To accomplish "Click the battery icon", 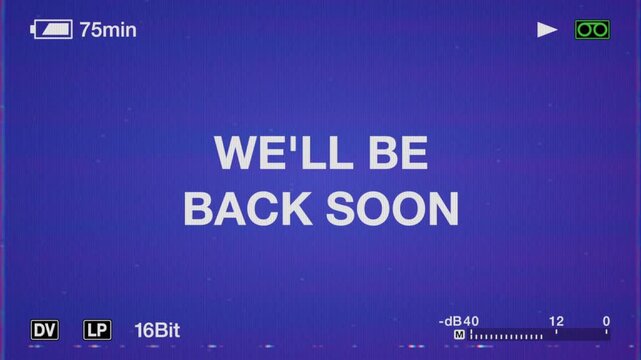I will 52,30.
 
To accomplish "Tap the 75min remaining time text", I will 108,30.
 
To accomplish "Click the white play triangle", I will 547,30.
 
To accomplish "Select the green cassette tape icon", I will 592,30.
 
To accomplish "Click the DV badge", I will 45,329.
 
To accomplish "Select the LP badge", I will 97,329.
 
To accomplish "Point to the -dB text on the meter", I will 451,321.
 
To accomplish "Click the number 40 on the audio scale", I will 471,321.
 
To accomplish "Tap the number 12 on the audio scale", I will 556,321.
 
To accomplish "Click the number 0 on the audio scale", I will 606,321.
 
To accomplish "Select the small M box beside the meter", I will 459,334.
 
